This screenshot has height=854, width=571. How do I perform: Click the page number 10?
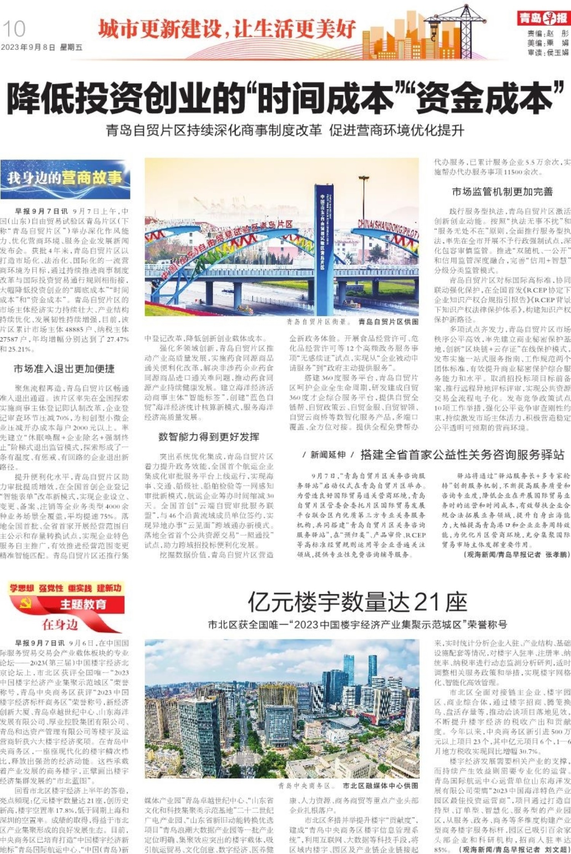pos(14,29)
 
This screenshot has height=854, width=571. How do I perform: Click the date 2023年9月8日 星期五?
pos(41,48)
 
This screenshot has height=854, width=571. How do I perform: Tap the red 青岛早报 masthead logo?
pos(544,18)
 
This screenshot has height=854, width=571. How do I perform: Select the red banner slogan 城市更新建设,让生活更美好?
pos(227,29)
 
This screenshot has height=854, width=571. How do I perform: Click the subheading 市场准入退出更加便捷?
pos(64,369)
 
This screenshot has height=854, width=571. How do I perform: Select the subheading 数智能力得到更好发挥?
pos(209,437)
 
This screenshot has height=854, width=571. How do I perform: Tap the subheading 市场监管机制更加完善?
pos(502,192)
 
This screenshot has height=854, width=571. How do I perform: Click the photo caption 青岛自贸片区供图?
pos(388,322)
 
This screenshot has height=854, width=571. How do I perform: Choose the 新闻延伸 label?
pos(328,455)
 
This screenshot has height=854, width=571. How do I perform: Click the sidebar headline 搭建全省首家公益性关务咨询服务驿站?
pos(462,455)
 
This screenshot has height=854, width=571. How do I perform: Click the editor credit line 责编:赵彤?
pos(547,33)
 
